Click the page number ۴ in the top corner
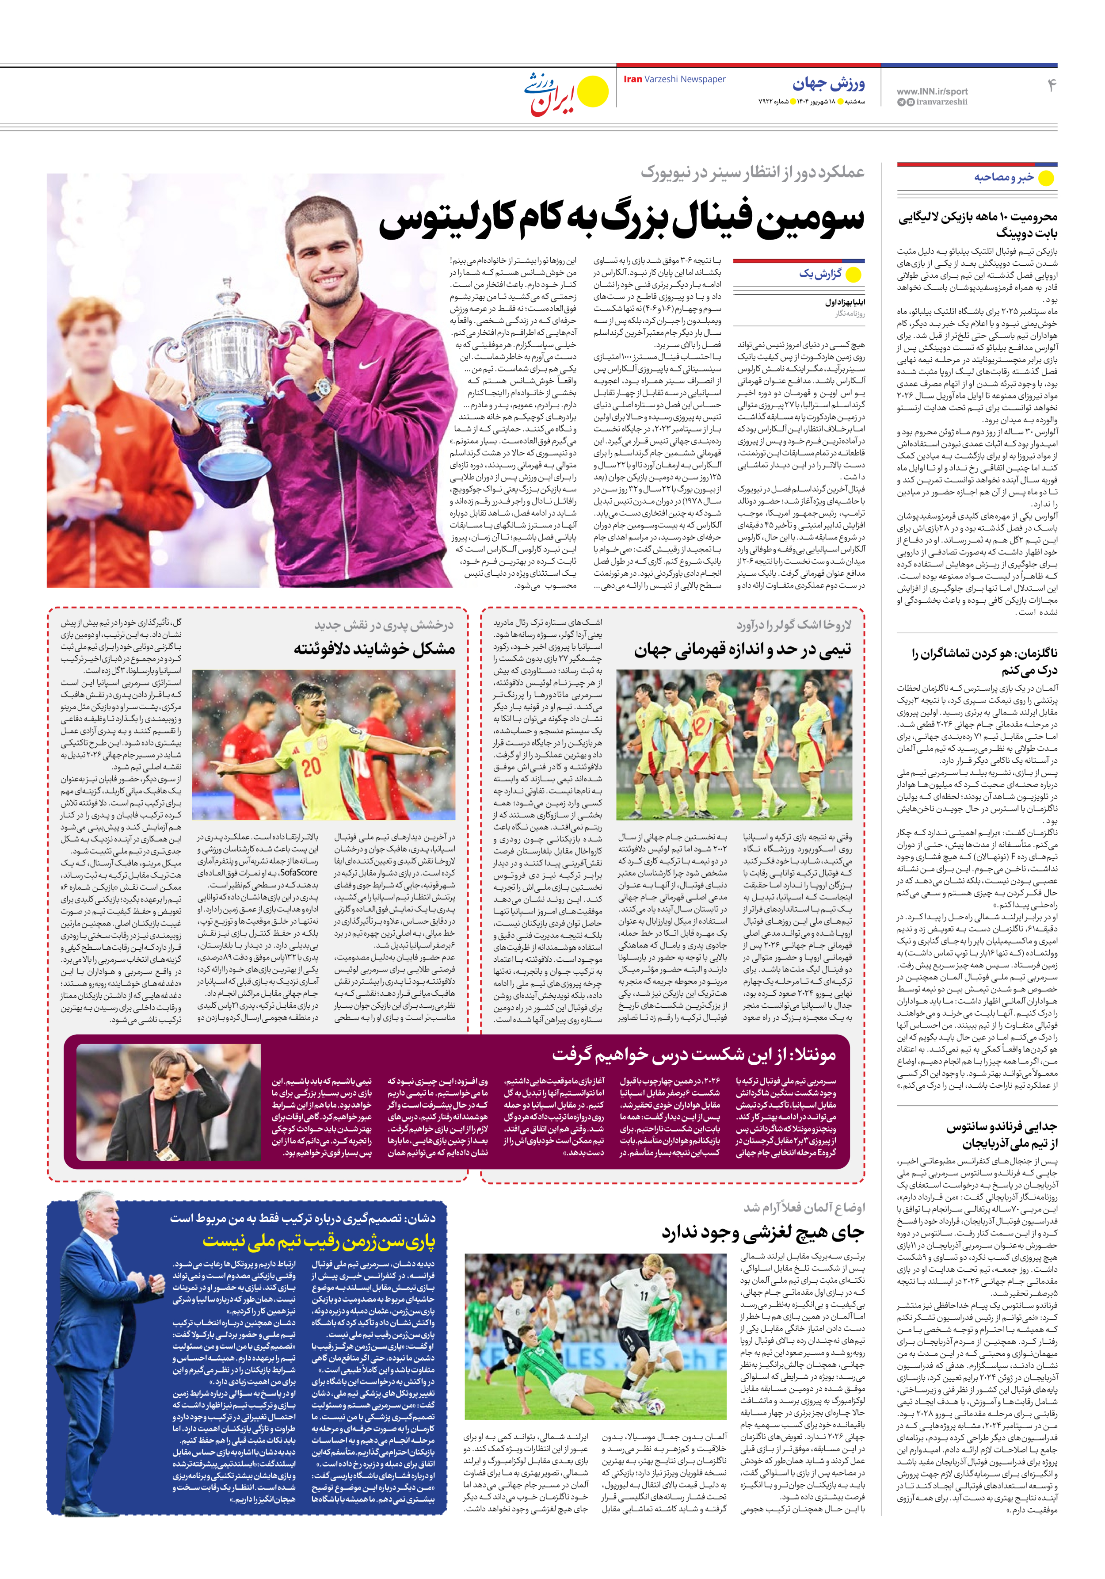tap(1051, 85)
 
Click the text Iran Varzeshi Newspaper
tap(674, 79)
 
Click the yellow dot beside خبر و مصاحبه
tap(1045, 178)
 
